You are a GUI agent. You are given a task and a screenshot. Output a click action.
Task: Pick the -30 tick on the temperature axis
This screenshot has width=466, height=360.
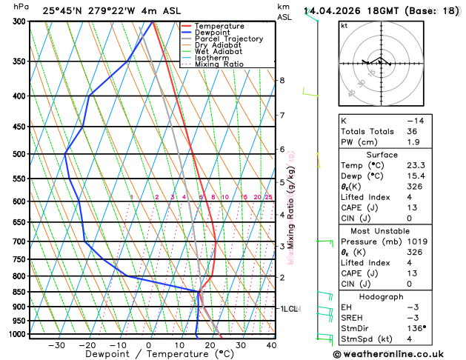pos(56,345)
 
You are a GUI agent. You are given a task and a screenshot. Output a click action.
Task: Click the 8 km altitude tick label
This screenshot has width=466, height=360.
pos(282,80)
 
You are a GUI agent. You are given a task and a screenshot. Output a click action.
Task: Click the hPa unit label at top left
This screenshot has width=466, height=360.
pos(21,7)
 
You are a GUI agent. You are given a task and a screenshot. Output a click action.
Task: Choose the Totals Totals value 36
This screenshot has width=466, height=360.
pos(413,131)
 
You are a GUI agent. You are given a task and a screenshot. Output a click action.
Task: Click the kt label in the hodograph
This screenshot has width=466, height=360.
pos(344,25)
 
